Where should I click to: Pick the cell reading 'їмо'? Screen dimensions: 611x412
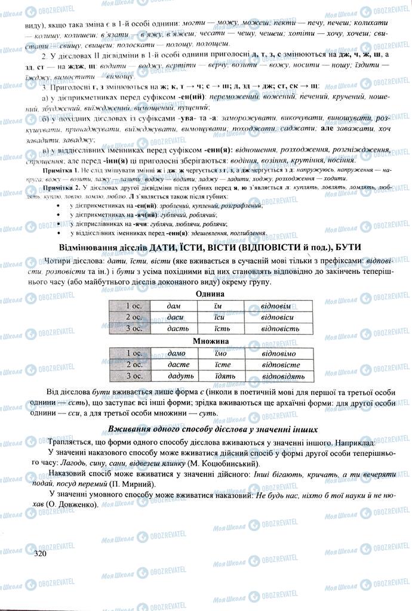[x=220, y=353]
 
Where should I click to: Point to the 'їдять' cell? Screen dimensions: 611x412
[x=220, y=376]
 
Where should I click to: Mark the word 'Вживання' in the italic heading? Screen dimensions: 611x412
[x=128, y=429]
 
